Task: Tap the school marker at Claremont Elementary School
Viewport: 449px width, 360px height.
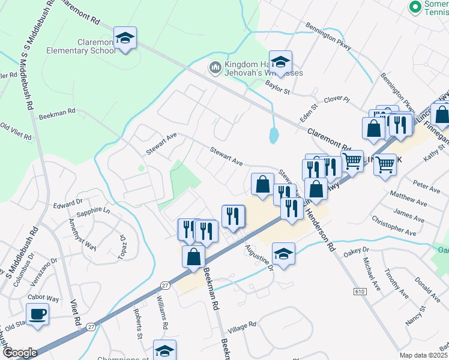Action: tap(125, 38)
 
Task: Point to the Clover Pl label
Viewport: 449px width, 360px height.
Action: tap(336, 99)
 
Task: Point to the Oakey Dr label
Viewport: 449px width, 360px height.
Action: tap(355, 250)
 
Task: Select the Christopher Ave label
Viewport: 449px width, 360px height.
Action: tap(394, 227)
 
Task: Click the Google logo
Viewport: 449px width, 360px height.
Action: tap(19, 353)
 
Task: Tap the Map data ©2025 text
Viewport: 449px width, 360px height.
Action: tap(424, 355)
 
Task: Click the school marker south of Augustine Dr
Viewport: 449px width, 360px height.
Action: tap(283, 253)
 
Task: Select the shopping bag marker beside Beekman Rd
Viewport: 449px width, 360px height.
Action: tap(194, 257)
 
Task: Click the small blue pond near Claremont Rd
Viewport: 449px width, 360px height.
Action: tap(274, 135)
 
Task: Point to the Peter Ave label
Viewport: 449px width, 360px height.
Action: tap(427, 187)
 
